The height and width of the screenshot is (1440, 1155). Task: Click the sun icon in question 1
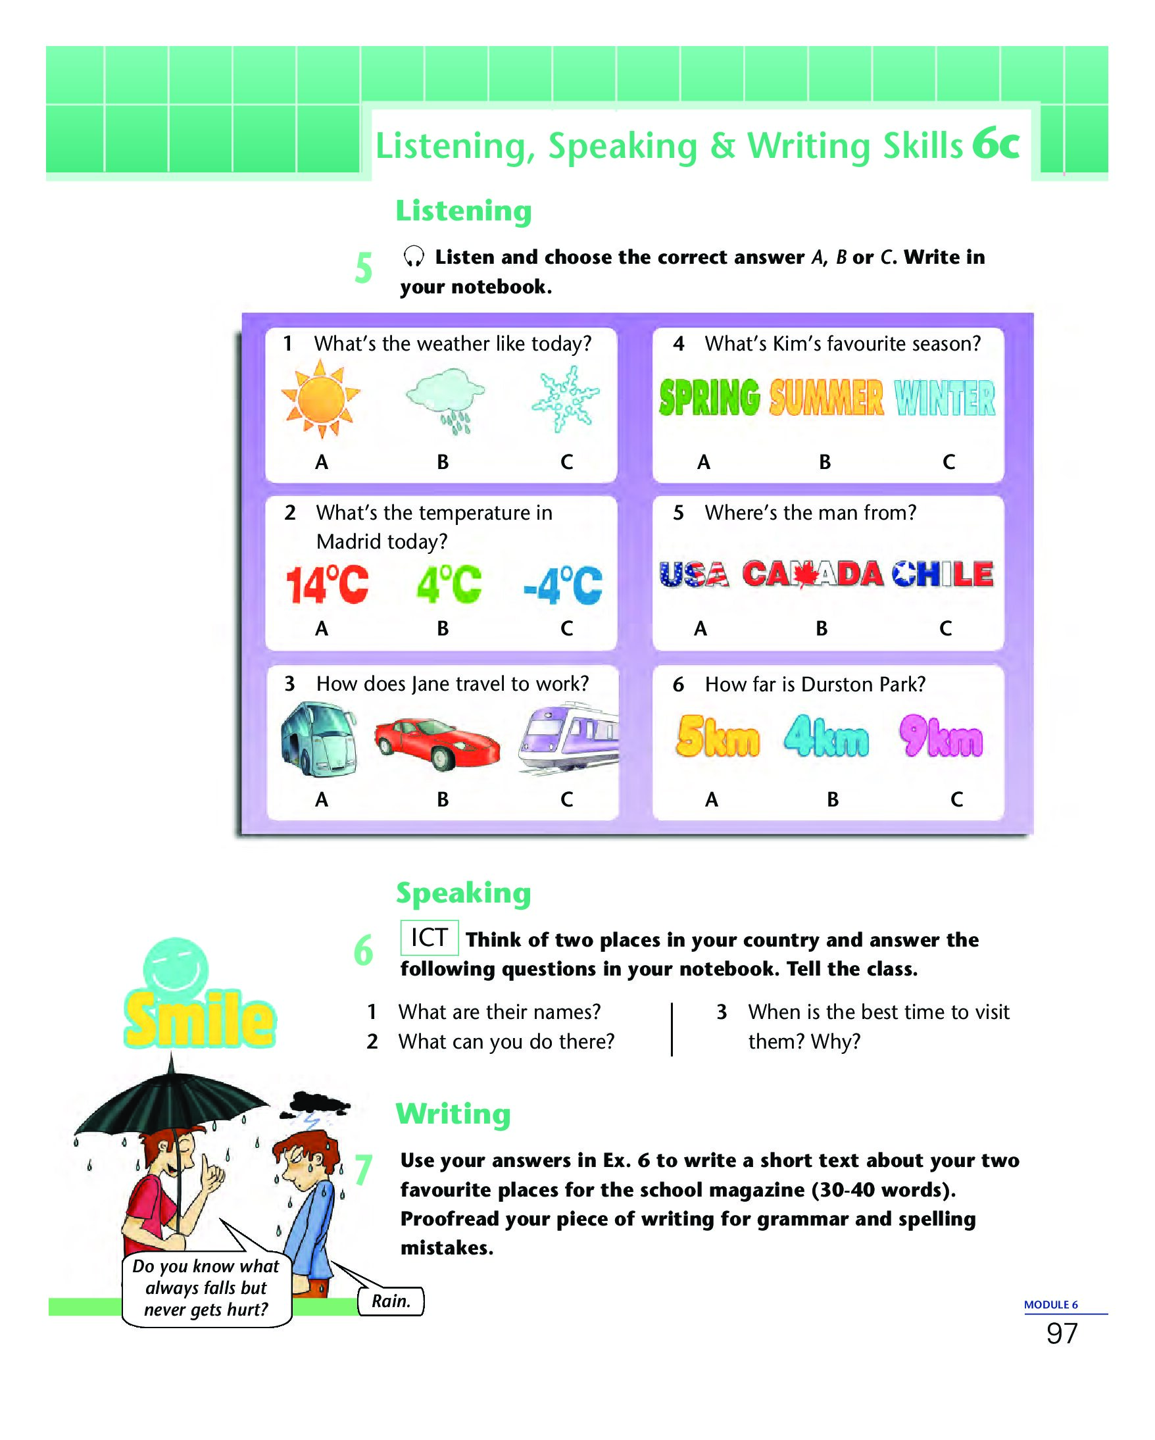[320, 398]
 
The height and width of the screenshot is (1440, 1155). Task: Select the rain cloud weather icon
[445, 399]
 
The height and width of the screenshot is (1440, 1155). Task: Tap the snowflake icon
[566, 399]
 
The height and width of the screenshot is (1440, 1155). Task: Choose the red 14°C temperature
[327, 584]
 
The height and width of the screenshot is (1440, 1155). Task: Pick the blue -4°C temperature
[563, 585]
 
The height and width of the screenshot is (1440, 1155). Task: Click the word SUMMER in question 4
[827, 398]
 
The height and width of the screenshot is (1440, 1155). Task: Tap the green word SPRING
[710, 397]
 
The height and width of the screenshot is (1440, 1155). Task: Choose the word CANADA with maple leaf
[812, 574]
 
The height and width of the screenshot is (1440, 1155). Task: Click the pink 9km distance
[941, 736]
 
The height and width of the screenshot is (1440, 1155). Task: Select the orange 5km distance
[718, 736]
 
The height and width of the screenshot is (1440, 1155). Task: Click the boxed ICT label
[430, 937]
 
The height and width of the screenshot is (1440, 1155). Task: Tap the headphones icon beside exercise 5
[414, 257]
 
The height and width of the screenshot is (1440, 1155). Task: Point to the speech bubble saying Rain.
[391, 1301]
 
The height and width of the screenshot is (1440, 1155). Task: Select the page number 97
[1062, 1333]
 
